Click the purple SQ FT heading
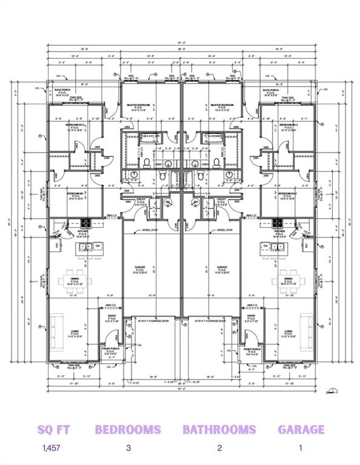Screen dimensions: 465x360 (53, 429)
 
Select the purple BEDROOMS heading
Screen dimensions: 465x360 (128, 429)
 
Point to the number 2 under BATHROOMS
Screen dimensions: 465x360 (219, 449)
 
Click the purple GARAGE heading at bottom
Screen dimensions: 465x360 (301, 429)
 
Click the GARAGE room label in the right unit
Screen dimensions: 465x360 (222, 266)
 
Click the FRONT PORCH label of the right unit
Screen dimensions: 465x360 (252, 350)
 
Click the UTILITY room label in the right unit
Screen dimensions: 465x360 (221, 199)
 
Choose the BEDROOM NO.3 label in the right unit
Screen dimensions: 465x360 (287, 125)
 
